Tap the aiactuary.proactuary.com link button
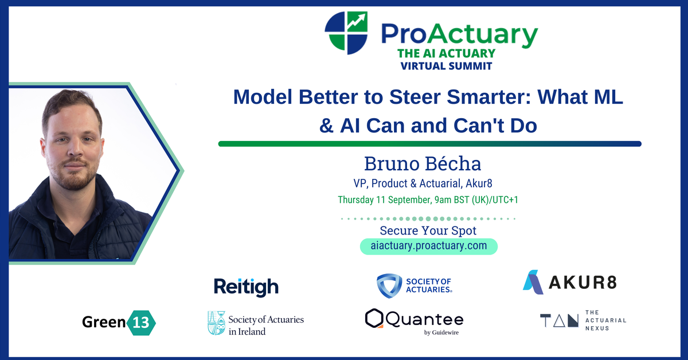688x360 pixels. (429, 246)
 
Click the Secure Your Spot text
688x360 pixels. (429, 231)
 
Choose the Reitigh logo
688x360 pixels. (246, 286)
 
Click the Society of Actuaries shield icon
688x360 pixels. (389, 285)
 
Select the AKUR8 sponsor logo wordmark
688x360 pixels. (581, 282)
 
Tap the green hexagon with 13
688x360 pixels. (141, 322)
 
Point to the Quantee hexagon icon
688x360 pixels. (374, 319)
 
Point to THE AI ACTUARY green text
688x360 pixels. (446, 54)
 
